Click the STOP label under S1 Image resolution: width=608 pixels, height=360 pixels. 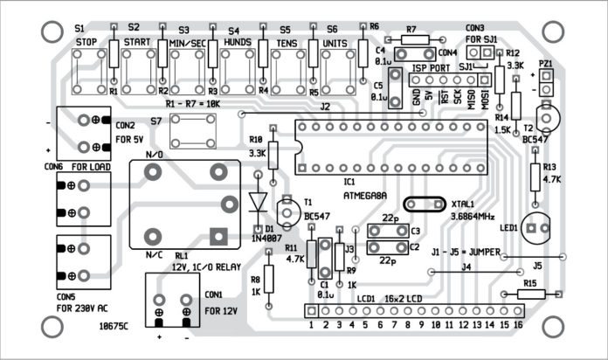coord(86,41)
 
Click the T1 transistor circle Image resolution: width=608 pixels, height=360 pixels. coord(286,210)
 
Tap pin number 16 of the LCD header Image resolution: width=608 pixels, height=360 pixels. coord(518,324)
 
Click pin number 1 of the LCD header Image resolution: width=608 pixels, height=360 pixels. coord(310,324)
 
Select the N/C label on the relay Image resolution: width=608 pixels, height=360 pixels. coord(154,255)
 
